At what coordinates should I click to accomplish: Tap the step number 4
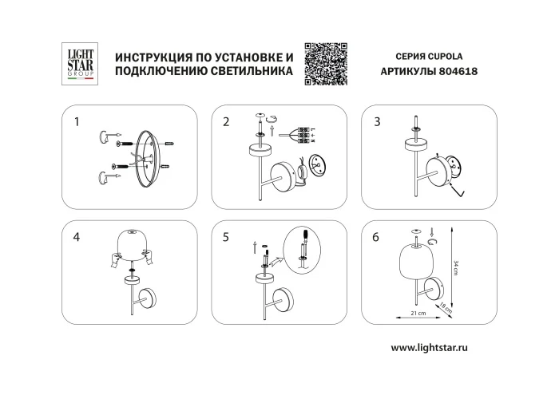tap(77, 237)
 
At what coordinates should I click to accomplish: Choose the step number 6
tap(376, 237)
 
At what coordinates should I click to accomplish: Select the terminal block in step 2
tap(303, 133)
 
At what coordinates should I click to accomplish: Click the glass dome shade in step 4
tap(133, 243)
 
